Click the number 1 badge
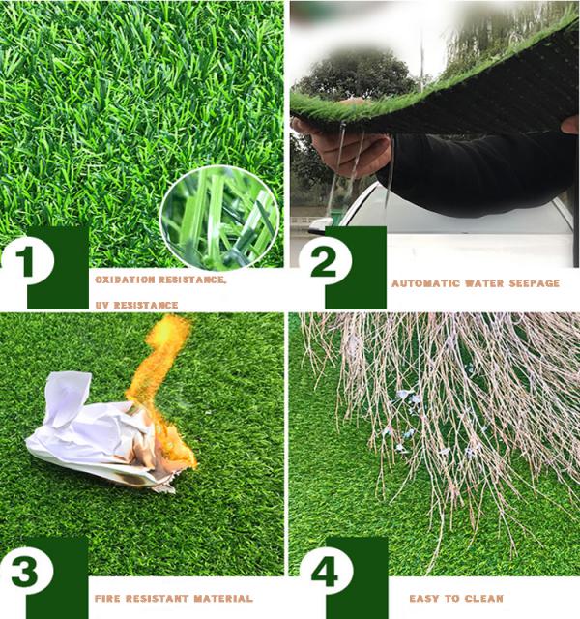[x=27, y=261]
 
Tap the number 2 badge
[x=325, y=261]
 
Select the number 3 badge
[x=27, y=572]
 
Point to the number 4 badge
[x=326, y=572]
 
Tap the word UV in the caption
[x=102, y=305]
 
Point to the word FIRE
[x=107, y=599]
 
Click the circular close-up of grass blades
[x=219, y=219]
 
